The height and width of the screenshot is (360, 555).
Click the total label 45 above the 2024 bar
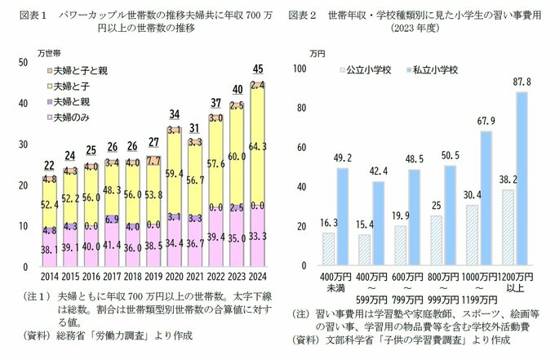(258, 69)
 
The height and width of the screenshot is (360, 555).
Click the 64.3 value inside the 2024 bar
(258, 145)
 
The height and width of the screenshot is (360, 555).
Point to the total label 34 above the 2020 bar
(173, 113)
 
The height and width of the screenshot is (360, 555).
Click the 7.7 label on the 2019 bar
(153, 161)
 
